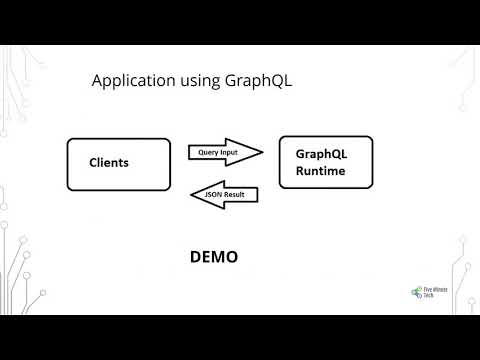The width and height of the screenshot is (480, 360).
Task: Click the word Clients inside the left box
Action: (x=109, y=163)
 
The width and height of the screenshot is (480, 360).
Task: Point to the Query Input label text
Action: (x=217, y=152)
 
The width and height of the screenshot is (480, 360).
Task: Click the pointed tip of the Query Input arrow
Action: (x=262, y=152)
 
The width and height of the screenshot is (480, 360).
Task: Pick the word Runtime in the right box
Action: (x=319, y=172)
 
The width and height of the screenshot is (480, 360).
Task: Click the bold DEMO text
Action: (x=214, y=257)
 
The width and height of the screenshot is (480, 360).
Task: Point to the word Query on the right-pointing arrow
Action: (x=207, y=152)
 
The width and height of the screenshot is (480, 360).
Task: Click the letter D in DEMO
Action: (x=196, y=257)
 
